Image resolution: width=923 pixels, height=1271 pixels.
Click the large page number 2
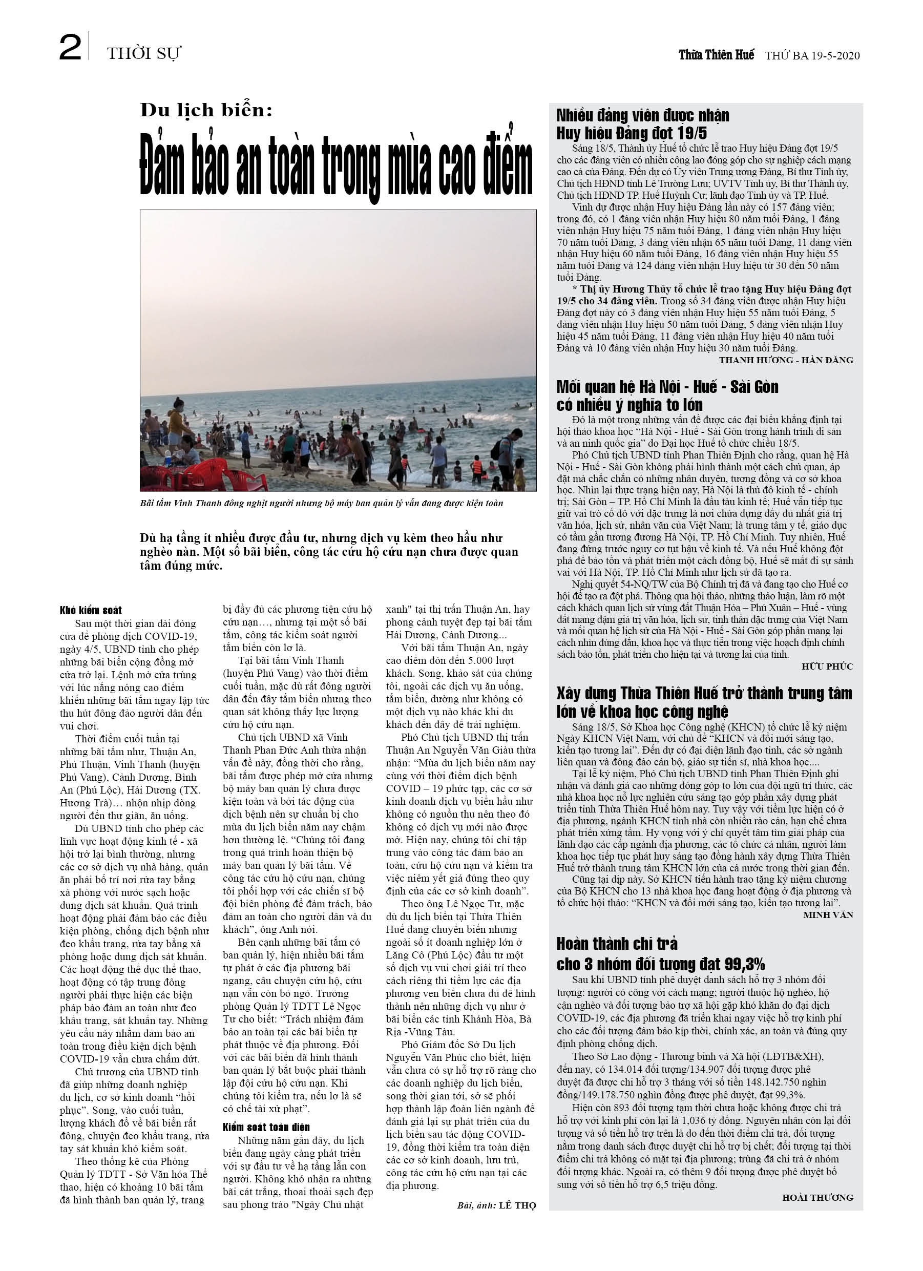point(70,48)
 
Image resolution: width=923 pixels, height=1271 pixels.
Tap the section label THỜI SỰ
point(144,54)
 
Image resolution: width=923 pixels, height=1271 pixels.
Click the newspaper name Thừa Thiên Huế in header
point(716,55)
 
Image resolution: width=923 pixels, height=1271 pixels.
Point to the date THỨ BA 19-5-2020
point(812,55)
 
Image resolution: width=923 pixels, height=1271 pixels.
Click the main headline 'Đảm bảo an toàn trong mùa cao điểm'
point(336,168)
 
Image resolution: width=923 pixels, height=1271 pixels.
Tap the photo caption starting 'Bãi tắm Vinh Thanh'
point(321,503)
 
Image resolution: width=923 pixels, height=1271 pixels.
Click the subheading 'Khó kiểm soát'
point(91,610)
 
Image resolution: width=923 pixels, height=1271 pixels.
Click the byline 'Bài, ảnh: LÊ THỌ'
point(496,1205)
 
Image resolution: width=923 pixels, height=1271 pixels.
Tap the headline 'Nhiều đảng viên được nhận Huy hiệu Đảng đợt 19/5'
point(642,124)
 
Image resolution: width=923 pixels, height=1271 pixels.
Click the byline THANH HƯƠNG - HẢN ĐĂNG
point(786,360)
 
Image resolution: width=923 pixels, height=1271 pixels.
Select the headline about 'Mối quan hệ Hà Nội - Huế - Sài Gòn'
point(667,395)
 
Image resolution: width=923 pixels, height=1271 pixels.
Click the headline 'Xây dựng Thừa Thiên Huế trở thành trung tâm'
point(704,702)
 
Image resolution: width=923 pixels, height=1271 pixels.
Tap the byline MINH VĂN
point(828,914)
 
